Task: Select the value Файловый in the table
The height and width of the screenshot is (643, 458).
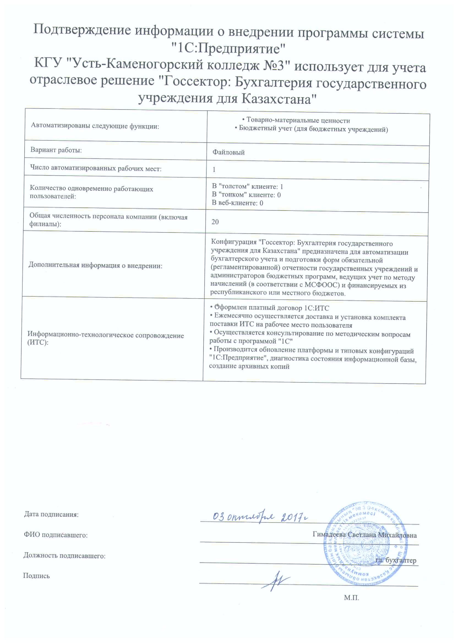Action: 228,152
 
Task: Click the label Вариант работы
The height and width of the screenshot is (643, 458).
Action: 56,150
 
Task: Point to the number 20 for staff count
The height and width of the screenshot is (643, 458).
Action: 215,222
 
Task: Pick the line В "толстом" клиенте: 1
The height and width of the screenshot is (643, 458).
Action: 247,186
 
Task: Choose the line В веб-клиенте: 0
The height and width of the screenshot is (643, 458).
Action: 237,203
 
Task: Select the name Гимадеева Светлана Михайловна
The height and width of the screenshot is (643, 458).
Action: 364,535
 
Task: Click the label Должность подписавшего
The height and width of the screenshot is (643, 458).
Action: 64,556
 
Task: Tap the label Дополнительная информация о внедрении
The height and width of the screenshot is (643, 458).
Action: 95,265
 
